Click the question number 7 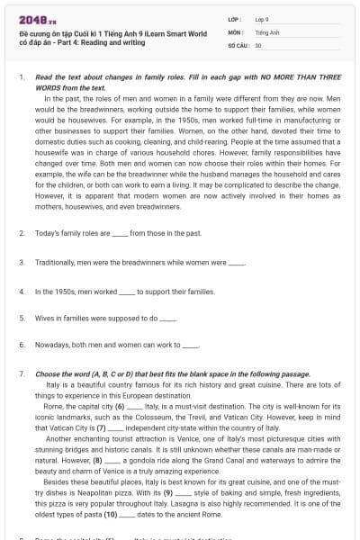pyautogui.click(x=21, y=373)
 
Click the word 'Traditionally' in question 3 pyautogui.click(x=56, y=263)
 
